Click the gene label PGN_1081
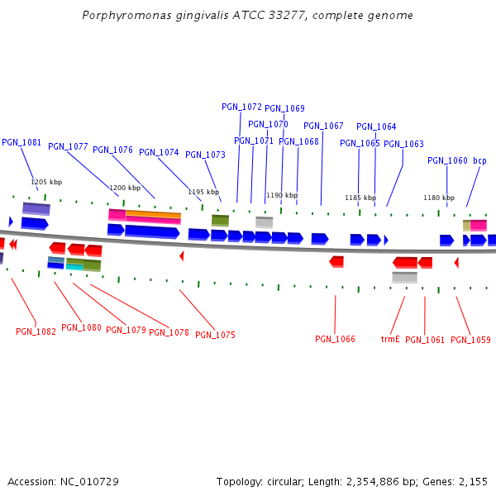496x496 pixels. click(x=21, y=142)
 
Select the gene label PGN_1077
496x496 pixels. click(x=68, y=146)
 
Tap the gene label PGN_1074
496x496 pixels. click(x=159, y=152)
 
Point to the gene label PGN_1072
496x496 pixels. click(x=241, y=107)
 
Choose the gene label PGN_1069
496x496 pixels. click(x=284, y=108)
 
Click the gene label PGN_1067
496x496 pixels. click(x=323, y=126)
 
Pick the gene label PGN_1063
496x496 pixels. click(x=403, y=144)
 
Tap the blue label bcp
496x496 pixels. click(x=479, y=160)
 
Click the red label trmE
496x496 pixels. click(x=390, y=339)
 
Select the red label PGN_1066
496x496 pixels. click(x=335, y=339)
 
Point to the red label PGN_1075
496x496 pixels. click(x=215, y=335)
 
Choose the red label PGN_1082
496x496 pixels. click(x=36, y=331)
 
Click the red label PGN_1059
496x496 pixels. click(x=470, y=340)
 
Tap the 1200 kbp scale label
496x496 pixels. click(x=125, y=188)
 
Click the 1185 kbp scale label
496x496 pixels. click(x=360, y=198)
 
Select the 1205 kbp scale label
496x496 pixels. click(x=46, y=182)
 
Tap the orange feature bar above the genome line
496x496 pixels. click(x=153, y=214)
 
